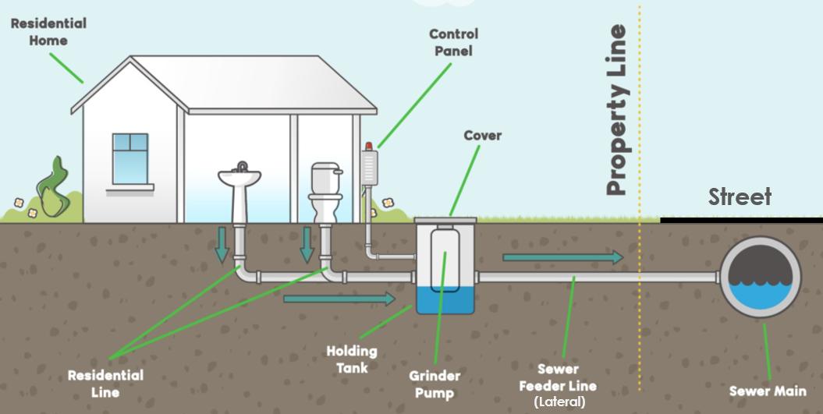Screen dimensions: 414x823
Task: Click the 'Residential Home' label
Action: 48,31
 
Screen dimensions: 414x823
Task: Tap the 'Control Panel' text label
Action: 453,42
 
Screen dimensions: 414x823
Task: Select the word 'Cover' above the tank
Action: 482,136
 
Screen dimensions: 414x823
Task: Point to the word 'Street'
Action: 740,197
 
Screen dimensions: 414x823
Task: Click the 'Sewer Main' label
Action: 767,391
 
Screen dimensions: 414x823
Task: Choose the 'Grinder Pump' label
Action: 435,384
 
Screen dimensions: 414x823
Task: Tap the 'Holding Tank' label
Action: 351,359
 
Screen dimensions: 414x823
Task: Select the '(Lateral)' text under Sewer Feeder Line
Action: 559,402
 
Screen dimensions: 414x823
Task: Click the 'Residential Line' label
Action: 105,383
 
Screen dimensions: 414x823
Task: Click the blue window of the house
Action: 129,158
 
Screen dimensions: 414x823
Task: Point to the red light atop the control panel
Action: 369,146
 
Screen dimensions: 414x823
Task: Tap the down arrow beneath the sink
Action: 222,245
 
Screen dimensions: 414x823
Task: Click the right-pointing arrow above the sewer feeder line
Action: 562,257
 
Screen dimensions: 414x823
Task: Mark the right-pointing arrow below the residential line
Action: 339,299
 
